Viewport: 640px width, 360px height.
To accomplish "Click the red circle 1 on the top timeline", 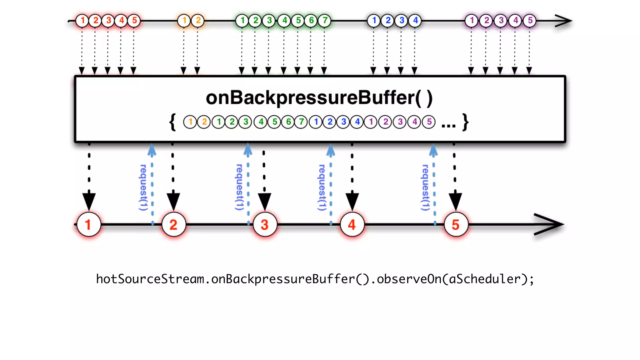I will pos(82,21).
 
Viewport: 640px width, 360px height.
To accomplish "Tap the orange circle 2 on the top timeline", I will pos(198,21).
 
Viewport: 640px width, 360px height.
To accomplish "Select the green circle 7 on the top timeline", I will pos(325,21).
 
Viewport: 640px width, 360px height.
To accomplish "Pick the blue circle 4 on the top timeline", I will pos(415,21).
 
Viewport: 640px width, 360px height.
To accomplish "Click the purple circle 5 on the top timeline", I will pos(530,21).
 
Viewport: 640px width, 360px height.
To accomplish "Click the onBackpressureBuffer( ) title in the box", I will pos(319,98).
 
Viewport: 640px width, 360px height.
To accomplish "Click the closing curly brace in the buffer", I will pos(466,122).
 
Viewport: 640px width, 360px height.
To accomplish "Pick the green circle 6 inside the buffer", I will pos(288,122).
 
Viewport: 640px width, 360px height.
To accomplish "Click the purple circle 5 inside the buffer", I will pos(429,122).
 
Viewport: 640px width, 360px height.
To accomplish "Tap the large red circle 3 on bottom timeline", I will pos(265,225).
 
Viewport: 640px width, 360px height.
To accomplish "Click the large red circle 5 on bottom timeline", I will pos(456,225).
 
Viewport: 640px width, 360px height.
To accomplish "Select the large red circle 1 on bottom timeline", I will pos(88,225).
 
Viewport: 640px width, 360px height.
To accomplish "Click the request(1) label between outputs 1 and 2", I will pos(143,187).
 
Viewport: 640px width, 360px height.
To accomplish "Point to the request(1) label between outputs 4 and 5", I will pos(425,187).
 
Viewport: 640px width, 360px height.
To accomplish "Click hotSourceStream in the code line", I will pos(150,279).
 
